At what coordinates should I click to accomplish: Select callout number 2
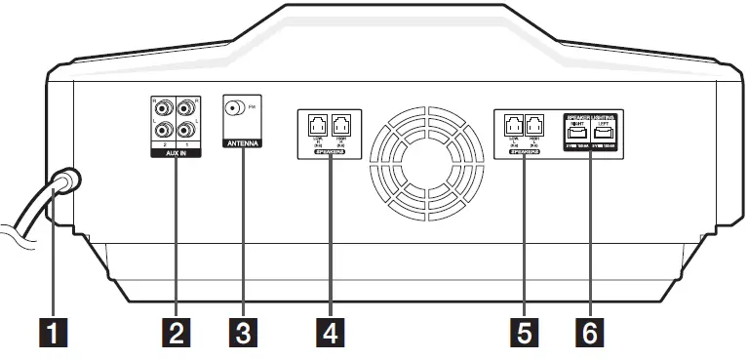click(176, 334)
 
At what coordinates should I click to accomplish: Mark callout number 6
click(587, 334)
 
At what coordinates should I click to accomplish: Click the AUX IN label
click(176, 154)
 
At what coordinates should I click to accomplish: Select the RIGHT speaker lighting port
click(575, 136)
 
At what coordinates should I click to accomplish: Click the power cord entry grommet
click(65, 181)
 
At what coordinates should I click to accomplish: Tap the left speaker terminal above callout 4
click(318, 124)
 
